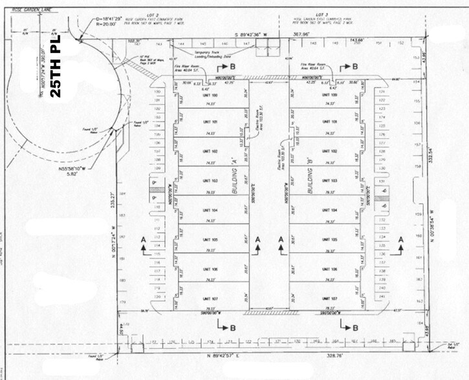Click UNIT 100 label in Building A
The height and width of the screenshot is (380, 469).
point(210,95)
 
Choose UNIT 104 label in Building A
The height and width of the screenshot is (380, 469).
point(210,211)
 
